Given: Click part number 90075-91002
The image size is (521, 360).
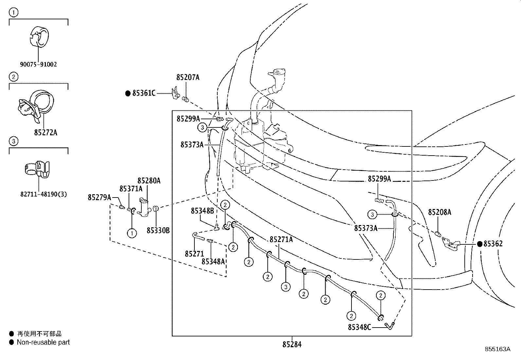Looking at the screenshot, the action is pos(38,65).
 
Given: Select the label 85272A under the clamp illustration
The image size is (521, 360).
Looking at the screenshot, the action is pos(45,132).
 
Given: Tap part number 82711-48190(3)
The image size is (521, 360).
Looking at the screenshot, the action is pos(44,194).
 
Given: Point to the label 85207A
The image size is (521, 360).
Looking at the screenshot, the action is pos(188,77).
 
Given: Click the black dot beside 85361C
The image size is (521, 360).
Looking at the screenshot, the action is pos(128,93).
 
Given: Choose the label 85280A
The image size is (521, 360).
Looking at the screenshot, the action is pos(149,181).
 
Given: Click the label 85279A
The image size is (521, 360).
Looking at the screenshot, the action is pos(99,198).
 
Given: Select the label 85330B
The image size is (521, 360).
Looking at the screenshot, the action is pos(158,231).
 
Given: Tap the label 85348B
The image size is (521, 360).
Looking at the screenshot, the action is pos(202,211).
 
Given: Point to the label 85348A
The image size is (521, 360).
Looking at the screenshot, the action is pos(213,262).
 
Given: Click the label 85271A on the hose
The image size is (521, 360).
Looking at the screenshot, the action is pos(281,239).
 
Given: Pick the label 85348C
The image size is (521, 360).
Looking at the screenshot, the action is pos(359,327).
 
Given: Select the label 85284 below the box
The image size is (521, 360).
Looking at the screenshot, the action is pos(292,344).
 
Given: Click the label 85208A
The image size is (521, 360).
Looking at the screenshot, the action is pos(440,212).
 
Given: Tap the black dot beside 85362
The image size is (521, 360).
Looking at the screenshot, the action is pos(479,244).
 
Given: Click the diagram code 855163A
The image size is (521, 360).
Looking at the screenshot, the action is pos(497,349).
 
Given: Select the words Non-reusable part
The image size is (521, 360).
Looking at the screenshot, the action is pos(43,342).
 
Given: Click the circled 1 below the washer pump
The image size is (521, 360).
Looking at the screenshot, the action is pos(132,233).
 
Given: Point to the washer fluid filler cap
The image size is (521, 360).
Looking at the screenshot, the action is pos(279,72).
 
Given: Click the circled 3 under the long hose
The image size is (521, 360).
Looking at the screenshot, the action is pos(286,287).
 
